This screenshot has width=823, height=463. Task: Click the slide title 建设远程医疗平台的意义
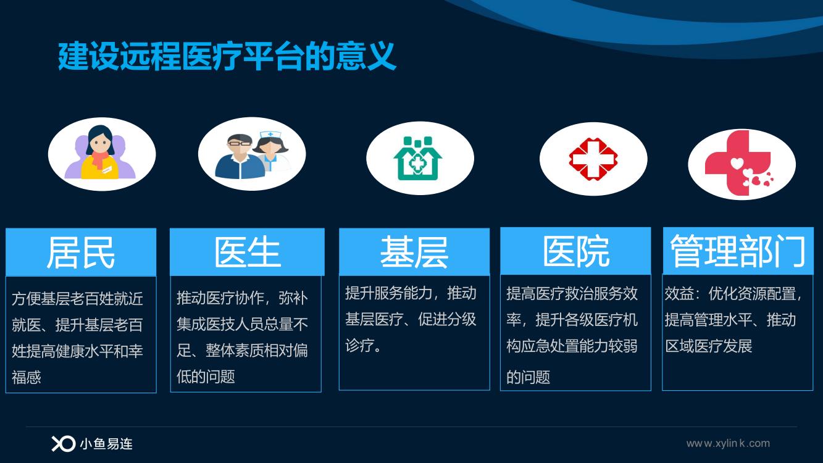(x=227, y=56)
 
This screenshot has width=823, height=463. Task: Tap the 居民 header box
(x=81, y=252)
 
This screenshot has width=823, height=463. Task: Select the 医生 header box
(x=247, y=252)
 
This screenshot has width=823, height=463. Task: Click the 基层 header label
(x=414, y=252)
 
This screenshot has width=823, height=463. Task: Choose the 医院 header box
(x=576, y=251)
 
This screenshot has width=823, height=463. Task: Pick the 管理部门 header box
(x=738, y=251)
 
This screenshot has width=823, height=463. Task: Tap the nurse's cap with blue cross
(x=270, y=135)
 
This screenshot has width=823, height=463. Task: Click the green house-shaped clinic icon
(x=418, y=159)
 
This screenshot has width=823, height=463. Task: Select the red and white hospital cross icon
(x=593, y=159)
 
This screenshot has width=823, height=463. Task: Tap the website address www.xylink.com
(x=728, y=443)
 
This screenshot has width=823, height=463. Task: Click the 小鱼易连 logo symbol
(x=63, y=444)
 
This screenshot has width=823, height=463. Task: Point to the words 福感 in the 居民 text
(x=26, y=377)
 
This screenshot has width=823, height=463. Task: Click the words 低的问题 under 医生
(x=206, y=377)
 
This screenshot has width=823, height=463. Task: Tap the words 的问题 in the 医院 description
(x=528, y=377)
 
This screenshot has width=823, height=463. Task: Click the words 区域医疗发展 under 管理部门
(x=709, y=346)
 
